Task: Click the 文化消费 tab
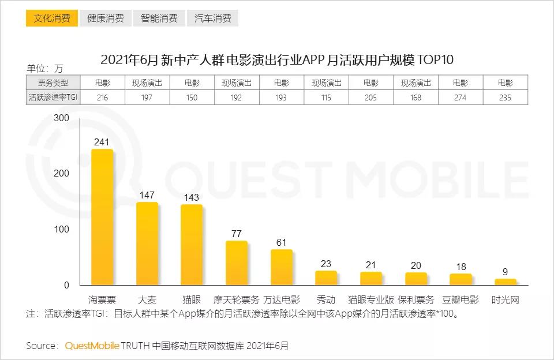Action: point(52,18)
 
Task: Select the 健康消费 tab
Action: point(106,18)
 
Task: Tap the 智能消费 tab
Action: point(159,18)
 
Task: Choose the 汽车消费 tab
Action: point(212,18)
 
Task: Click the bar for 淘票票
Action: point(102,217)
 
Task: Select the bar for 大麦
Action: point(147,243)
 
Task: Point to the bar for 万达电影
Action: point(282,267)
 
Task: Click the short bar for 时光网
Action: point(506,282)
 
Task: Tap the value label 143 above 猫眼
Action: point(192,197)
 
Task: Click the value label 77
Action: point(237,234)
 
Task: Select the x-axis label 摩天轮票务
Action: point(237,300)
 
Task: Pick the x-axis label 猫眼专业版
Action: point(371,300)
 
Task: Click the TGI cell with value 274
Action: point(461,97)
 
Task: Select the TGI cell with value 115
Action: point(326,97)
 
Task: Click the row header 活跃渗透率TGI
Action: point(53,97)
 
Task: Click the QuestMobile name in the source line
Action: point(92,346)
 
